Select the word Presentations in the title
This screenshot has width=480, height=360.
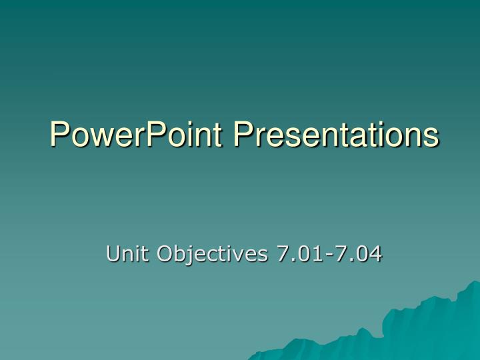(x=336, y=134)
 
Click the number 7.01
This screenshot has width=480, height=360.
(x=293, y=253)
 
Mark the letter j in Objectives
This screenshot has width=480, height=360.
(x=186, y=255)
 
